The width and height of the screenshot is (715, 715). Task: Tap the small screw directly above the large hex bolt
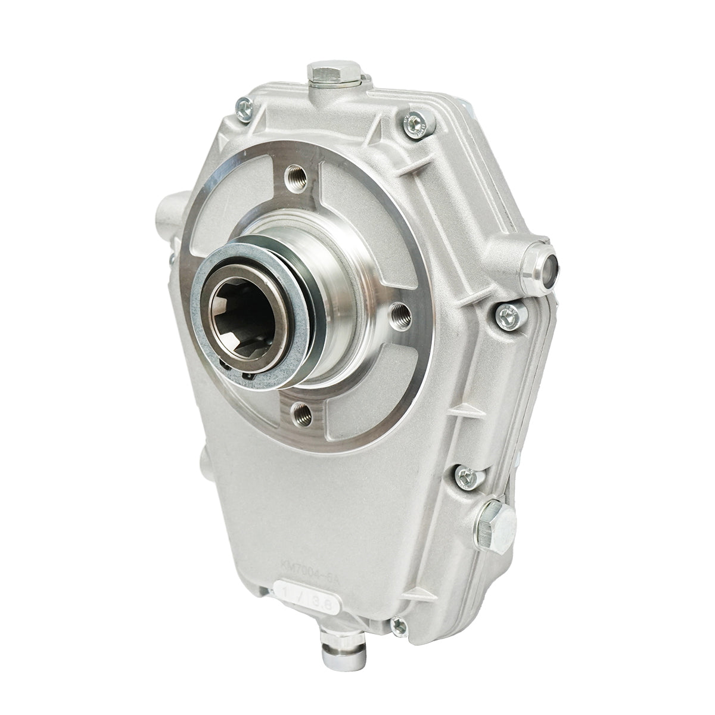(465, 475)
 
